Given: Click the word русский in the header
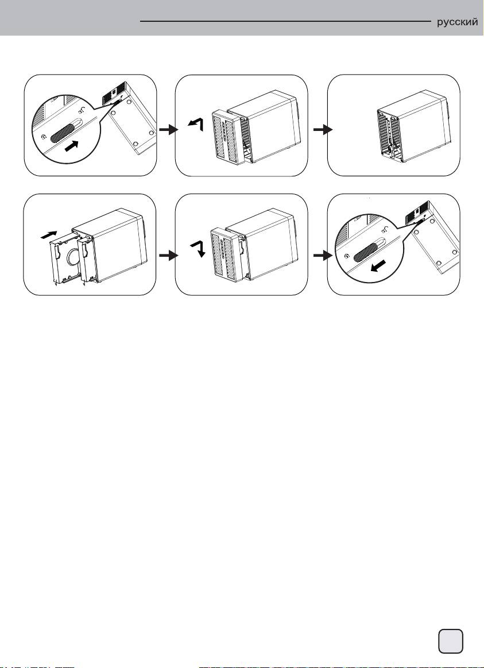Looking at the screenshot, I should [458, 22].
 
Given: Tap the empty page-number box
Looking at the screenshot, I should [451, 640].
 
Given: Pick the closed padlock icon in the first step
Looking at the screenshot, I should [45, 137].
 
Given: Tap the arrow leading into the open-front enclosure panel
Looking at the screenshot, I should [316, 131].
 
